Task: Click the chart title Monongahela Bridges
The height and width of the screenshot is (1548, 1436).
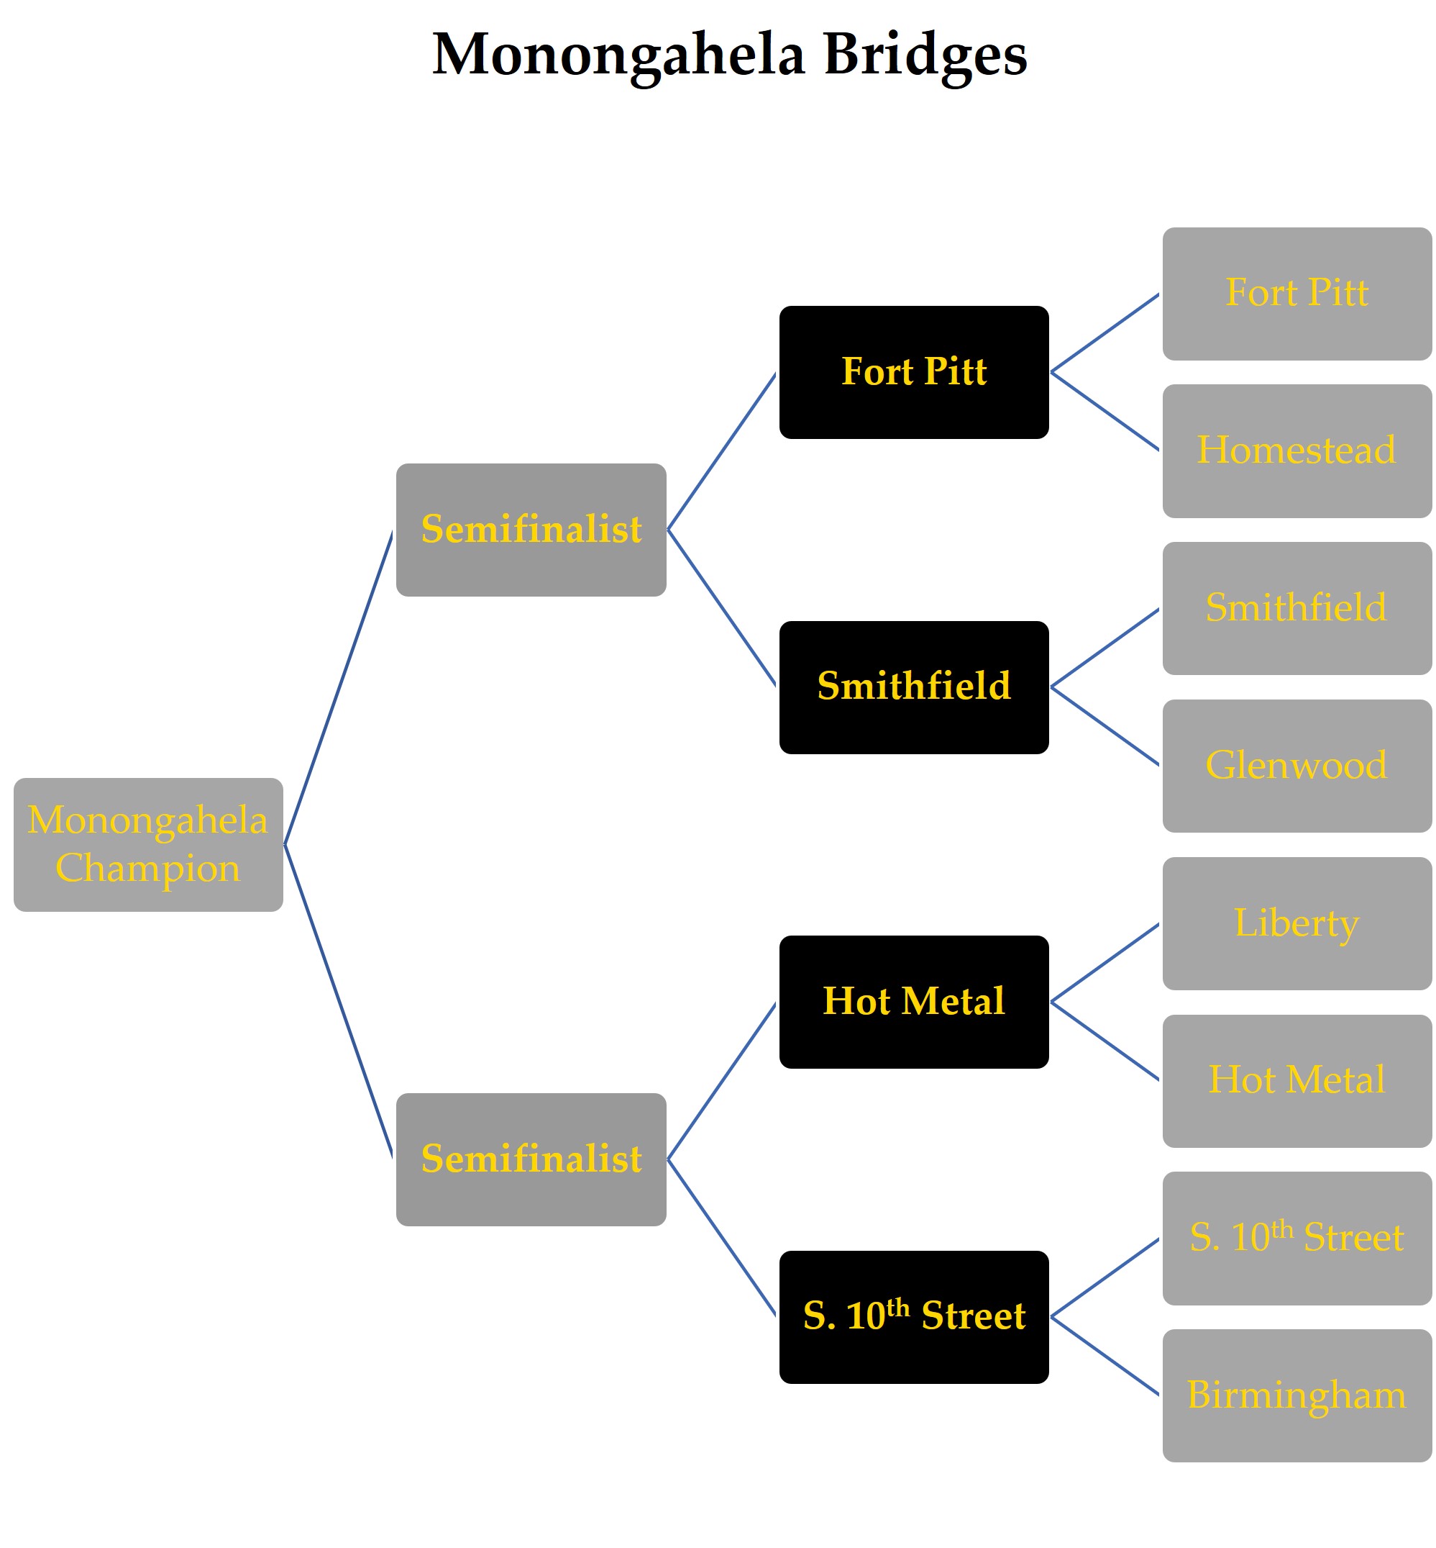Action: tap(729, 55)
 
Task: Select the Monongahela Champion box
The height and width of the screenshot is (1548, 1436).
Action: tap(147, 844)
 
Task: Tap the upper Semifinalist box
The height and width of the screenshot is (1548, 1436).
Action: tap(531, 530)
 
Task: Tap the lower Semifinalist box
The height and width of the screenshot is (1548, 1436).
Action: tap(531, 1159)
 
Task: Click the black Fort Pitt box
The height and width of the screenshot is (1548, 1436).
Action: tap(914, 372)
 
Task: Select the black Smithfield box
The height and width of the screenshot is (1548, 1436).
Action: tap(914, 687)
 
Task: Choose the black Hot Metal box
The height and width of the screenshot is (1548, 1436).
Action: tap(914, 1002)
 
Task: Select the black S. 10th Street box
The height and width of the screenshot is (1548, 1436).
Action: tap(914, 1317)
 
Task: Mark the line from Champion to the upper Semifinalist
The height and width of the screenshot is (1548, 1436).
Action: tap(338, 688)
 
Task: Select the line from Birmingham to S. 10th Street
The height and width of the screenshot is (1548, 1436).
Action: tap(1105, 1356)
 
